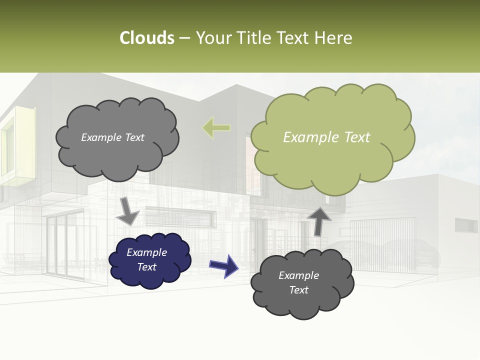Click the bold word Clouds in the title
(x=147, y=38)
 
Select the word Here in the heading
(x=334, y=38)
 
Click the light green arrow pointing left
(x=216, y=127)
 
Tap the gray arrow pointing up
(x=318, y=220)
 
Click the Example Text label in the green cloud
(x=326, y=137)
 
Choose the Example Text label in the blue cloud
(x=147, y=259)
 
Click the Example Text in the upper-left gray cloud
(x=112, y=137)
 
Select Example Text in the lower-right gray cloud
(x=298, y=282)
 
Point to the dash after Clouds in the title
(x=184, y=38)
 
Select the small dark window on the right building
(x=465, y=226)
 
